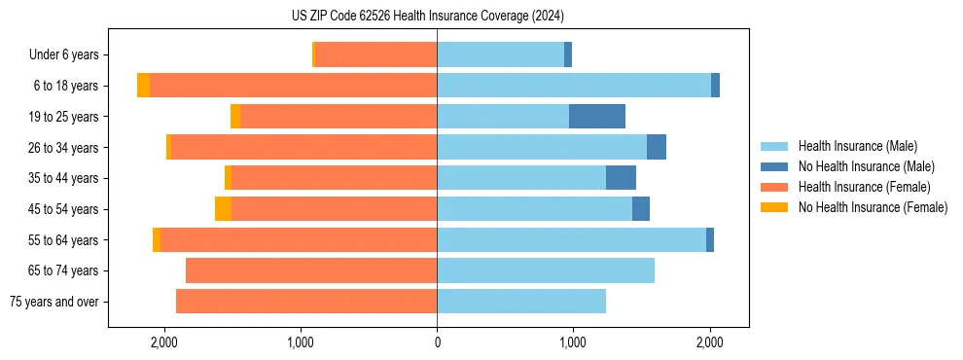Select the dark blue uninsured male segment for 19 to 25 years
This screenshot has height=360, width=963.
coord(597,117)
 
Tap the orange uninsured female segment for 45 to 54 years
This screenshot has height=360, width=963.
coord(223,209)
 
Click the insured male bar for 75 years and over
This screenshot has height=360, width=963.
coord(521,302)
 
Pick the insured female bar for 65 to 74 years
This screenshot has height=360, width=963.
coord(311,270)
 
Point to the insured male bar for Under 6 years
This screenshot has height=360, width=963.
coord(500,54)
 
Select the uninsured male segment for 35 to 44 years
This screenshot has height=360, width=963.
coord(621,178)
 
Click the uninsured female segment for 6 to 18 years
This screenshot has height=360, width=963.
coord(143,86)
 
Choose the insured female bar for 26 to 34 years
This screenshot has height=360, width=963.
coord(303,148)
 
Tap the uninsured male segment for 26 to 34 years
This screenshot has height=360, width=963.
coord(657,148)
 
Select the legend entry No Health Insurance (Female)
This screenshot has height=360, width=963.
coord(873,207)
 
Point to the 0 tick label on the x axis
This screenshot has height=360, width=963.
coord(437,342)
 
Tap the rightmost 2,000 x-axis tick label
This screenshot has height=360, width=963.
coord(709,342)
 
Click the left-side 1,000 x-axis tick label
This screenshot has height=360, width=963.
coord(301,342)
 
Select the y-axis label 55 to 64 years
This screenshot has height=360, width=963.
coord(66,240)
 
